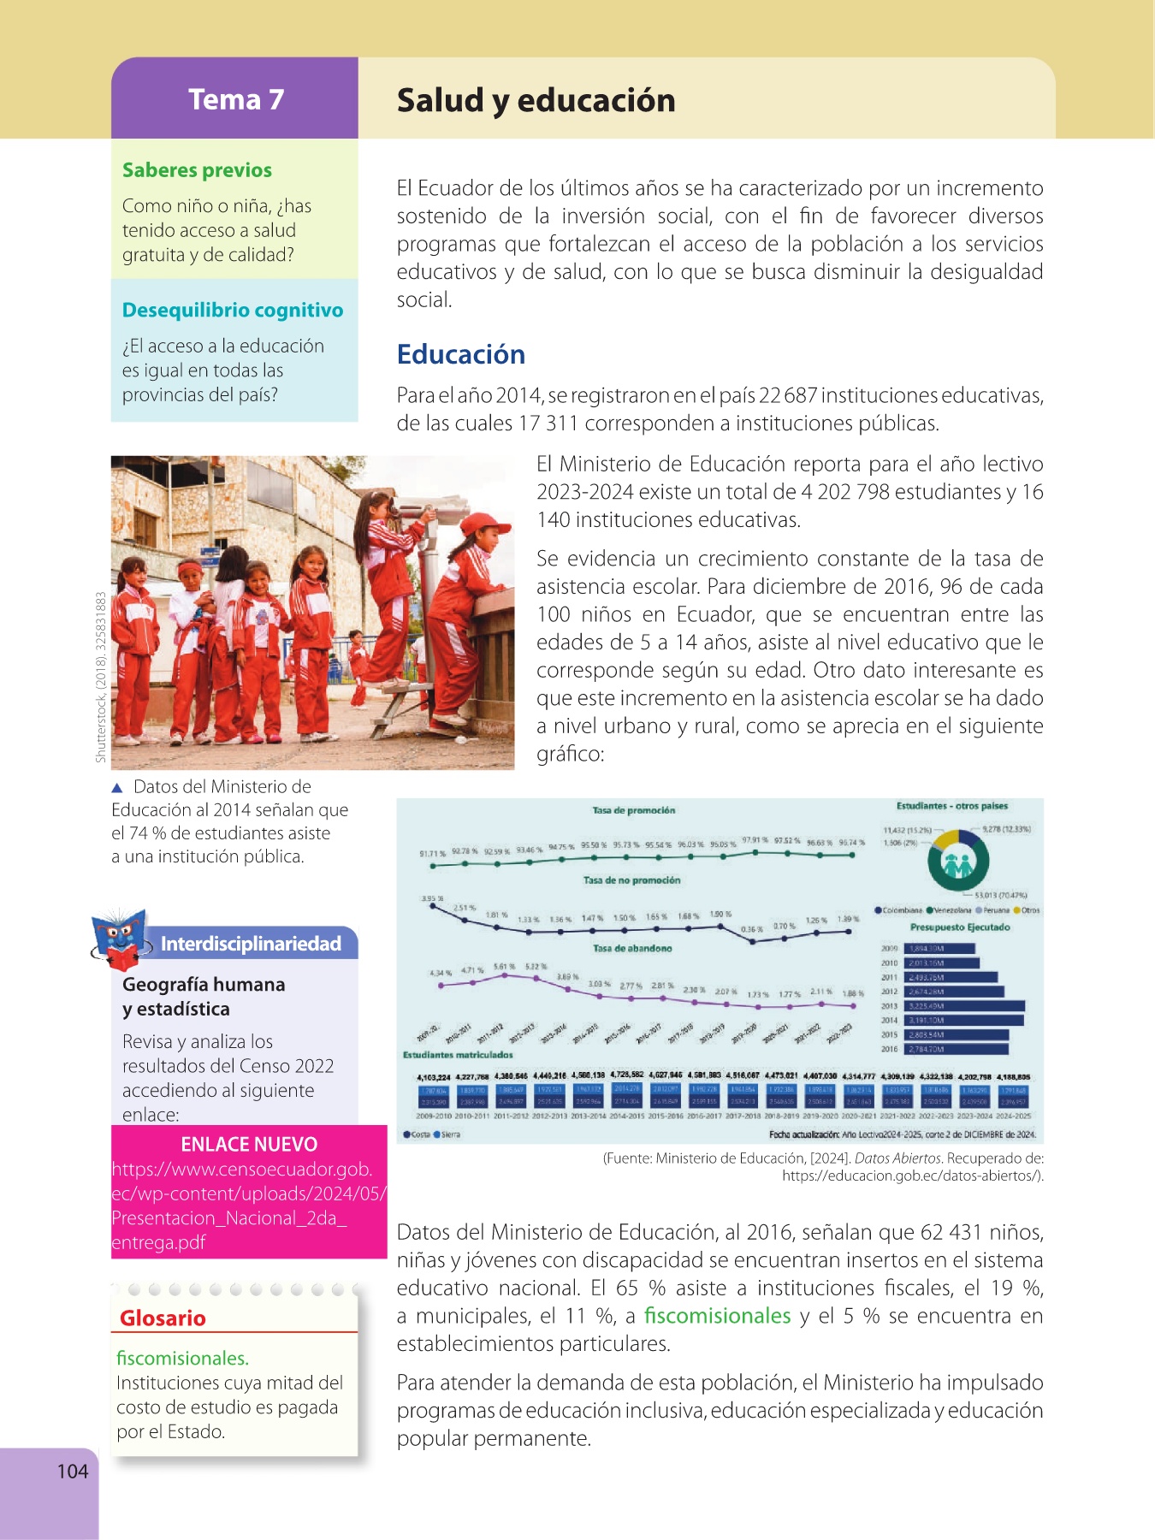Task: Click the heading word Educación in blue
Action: click(x=460, y=354)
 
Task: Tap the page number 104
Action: click(x=73, y=1471)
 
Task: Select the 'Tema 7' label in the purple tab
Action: click(x=235, y=99)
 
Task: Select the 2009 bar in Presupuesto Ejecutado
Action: click(x=939, y=949)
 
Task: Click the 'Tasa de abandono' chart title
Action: click(x=632, y=948)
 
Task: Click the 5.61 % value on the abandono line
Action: click(x=505, y=968)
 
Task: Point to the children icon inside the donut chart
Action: click(x=958, y=864)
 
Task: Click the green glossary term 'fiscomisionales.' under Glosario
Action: click(x=182, y=1358)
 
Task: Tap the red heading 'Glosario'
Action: click(x=163, y=1318)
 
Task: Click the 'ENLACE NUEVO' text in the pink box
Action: click(x=249, y=1144)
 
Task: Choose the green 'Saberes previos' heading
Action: click(x=197, y=170)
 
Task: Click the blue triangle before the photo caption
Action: click(x=117, y=787)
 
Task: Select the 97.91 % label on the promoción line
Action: click(x=755, y=840)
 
